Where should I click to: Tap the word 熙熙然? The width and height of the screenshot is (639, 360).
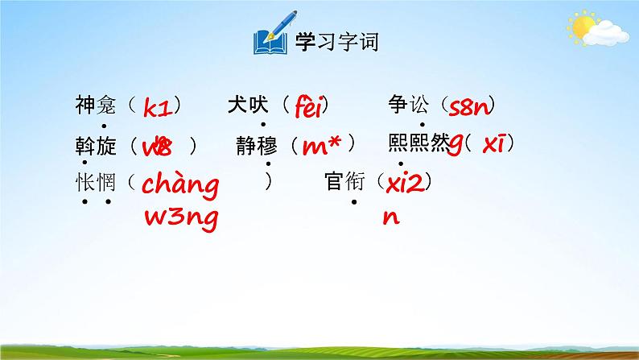point(418,143)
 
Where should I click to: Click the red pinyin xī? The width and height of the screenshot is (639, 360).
point(493,145)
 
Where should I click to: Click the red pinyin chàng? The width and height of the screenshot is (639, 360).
point(179,186)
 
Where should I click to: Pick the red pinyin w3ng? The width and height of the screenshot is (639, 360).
point(179,218)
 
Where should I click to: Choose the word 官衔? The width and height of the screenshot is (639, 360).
point(344,183)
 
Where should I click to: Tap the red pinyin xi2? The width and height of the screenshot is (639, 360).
point(405,184)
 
